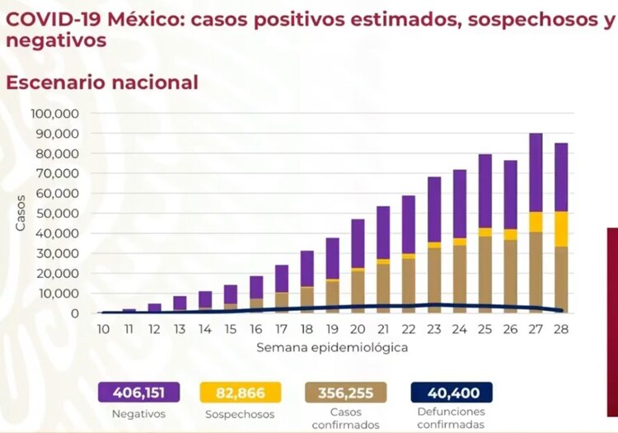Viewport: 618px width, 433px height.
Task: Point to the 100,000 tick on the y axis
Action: pos(55,113)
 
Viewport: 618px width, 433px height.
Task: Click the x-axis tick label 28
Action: pos(561,329)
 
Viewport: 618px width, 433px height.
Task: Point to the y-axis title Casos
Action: pos(20,212)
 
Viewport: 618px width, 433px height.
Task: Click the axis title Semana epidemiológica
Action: pos(332,347)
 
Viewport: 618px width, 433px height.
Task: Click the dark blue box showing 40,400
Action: pos(451,392)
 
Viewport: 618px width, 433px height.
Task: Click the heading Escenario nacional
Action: pos(102,82)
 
